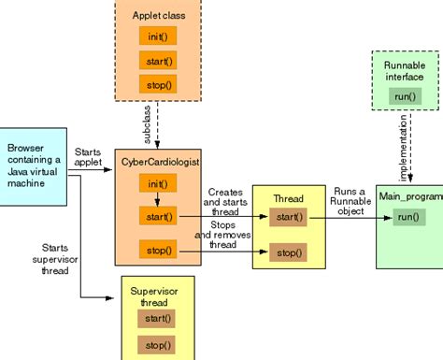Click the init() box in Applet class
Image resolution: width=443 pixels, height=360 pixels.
(x=156, y=36)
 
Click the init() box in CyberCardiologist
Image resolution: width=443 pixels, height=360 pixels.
(x=155, y=183)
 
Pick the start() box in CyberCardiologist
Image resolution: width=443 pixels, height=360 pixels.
(x=155, y=217)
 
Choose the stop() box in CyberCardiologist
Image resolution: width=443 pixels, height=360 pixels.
(x=155, y=250)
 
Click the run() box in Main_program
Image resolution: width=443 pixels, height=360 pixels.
(x=407, y=217)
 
